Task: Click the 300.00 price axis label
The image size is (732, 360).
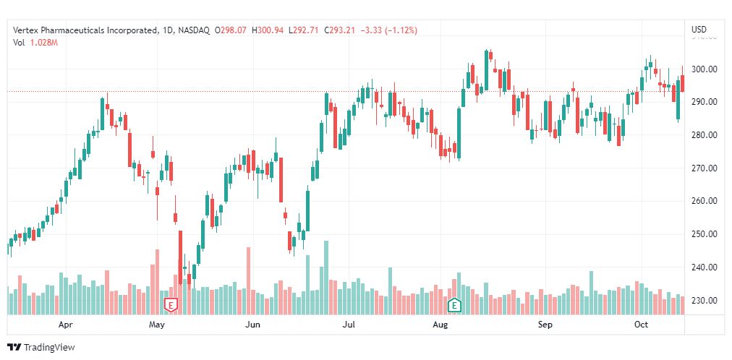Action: click(703, 69)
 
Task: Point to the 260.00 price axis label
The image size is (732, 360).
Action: click(703, 201)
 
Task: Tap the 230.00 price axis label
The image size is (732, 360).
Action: click(703, 301)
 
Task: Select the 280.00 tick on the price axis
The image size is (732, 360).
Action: click(703, 135)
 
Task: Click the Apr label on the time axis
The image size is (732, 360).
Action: click(66, 325)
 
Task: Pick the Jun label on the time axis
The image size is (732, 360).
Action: click(252, 325)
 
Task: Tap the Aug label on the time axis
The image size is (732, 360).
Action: click(440, 325)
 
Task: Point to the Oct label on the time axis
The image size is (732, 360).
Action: click(641, 325)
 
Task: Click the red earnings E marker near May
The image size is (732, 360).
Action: click(171, 305)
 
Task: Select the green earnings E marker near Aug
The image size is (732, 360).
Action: click(455, 305)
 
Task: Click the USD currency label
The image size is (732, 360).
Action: click(699, 30)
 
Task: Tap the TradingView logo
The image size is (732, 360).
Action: click(41, 348)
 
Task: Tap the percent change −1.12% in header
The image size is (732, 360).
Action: click(403, 30)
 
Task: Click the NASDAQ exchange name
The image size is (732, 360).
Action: click(193, 30)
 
